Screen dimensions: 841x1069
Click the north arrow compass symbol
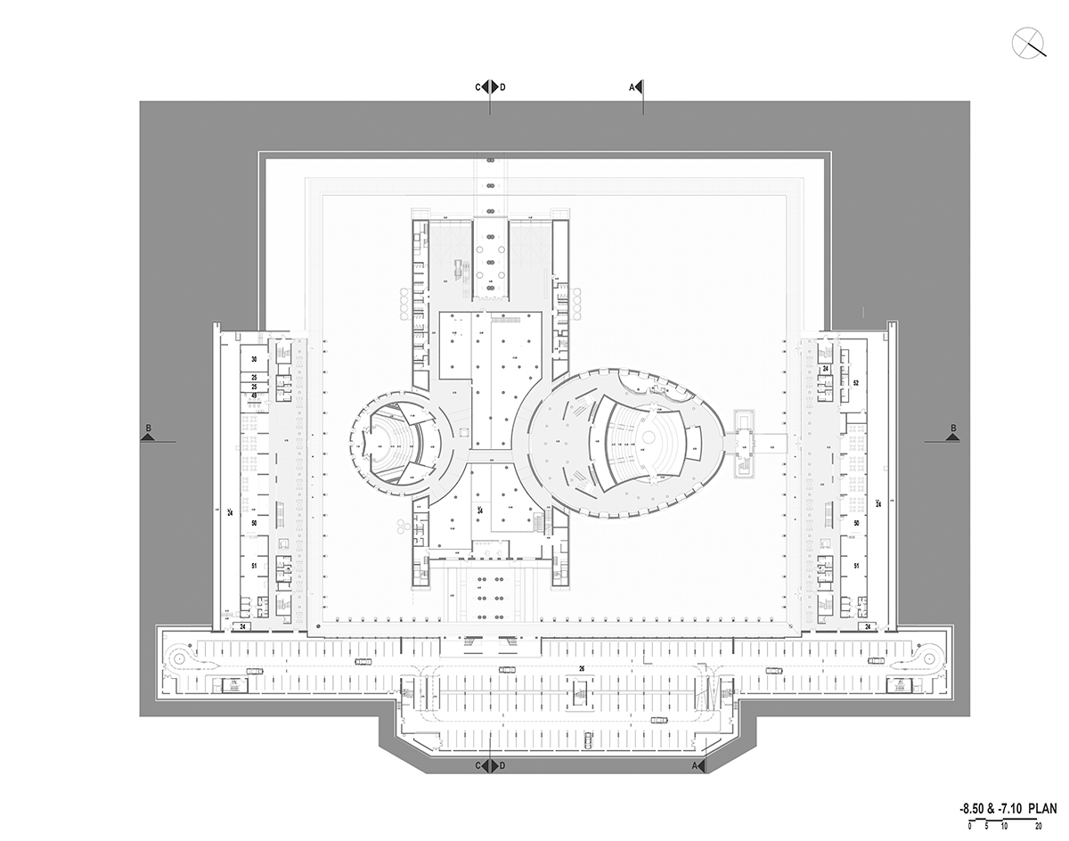point(1029,42)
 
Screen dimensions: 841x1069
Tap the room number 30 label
point(254,359)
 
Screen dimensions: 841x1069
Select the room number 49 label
point(254,396)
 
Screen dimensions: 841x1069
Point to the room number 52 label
point(855,382)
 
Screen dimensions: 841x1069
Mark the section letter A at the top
point(632,87)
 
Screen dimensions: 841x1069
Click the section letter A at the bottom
point(695,766)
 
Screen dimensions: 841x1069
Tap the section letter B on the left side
point(149,429)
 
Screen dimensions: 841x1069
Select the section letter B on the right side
point(953,429)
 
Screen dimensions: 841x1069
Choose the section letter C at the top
point(478,87)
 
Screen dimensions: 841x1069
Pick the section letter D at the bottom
point(502,766)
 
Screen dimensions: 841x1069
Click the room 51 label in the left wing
point(254,566)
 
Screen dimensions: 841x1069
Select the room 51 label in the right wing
point(855,566)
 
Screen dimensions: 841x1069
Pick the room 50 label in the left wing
point(254,523)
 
